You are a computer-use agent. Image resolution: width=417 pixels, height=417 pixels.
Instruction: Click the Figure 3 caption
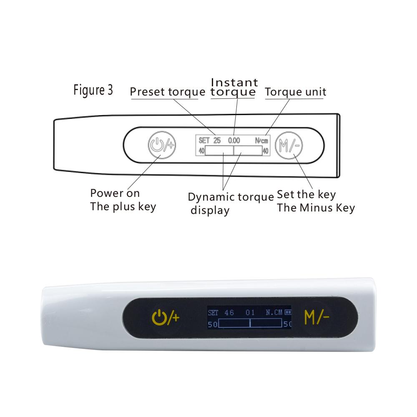coord(93,90)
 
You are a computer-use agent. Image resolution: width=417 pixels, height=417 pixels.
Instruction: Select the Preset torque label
coord(168,92)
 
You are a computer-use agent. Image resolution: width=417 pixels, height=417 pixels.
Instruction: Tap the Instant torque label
coord(234,87)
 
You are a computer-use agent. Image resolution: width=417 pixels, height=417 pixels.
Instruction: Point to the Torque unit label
coord(296,92)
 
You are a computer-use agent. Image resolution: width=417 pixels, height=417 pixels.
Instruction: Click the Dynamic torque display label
coord(231,203)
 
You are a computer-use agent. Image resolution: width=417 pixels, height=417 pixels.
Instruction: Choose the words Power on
coord(115,193)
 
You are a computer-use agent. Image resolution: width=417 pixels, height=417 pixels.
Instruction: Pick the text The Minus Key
coord(316,208)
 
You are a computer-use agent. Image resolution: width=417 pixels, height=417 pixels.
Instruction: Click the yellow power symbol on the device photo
coord(159,317)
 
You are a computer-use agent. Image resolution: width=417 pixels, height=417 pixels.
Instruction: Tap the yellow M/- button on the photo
coord(317,317)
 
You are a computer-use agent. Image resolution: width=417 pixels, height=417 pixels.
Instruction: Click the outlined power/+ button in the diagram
coord(162,145)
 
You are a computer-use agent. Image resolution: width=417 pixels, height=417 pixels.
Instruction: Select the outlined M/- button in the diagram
coord(289,146)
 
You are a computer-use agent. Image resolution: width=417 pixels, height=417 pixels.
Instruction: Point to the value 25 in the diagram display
coord(217,141)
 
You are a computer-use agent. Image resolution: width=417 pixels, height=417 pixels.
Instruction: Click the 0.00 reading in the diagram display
coord(234,141)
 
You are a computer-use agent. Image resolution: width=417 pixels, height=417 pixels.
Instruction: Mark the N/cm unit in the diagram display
coord(261,141)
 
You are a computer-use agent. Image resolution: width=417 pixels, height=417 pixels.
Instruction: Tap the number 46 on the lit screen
coord(229,312)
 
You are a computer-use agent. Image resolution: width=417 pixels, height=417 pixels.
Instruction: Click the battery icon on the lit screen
coord(288,312)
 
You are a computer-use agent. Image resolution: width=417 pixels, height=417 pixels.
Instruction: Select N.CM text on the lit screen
coord(274,312)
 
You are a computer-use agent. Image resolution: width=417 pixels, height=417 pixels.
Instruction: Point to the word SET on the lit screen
coord(213,313)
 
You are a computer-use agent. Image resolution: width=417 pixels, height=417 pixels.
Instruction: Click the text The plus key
coord(123,207)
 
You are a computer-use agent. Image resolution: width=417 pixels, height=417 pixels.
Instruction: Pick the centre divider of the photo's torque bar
coord(250,323)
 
